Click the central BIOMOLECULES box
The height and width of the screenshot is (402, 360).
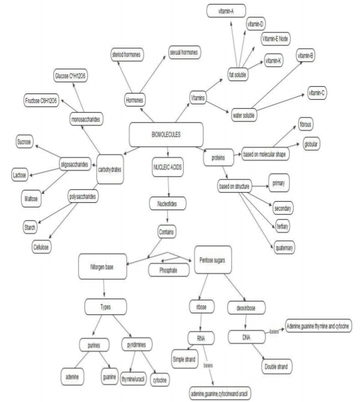166,134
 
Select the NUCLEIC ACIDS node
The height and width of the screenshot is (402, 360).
168,169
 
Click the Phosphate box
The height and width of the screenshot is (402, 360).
168,271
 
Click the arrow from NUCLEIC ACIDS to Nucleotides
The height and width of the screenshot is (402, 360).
168,187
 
